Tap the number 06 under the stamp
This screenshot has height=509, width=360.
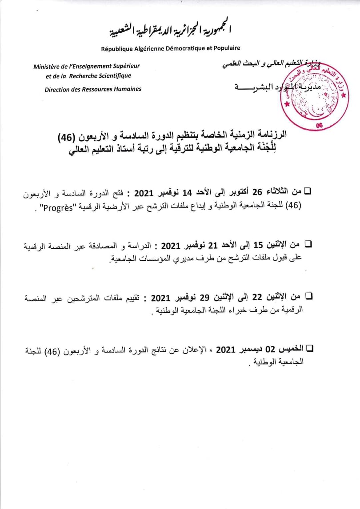(319, 126)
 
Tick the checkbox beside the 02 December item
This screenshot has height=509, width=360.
(309, 349)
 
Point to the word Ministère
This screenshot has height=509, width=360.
(48, 66)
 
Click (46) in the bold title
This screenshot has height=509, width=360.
(67, 134)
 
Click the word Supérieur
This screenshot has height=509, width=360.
(125, 66)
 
